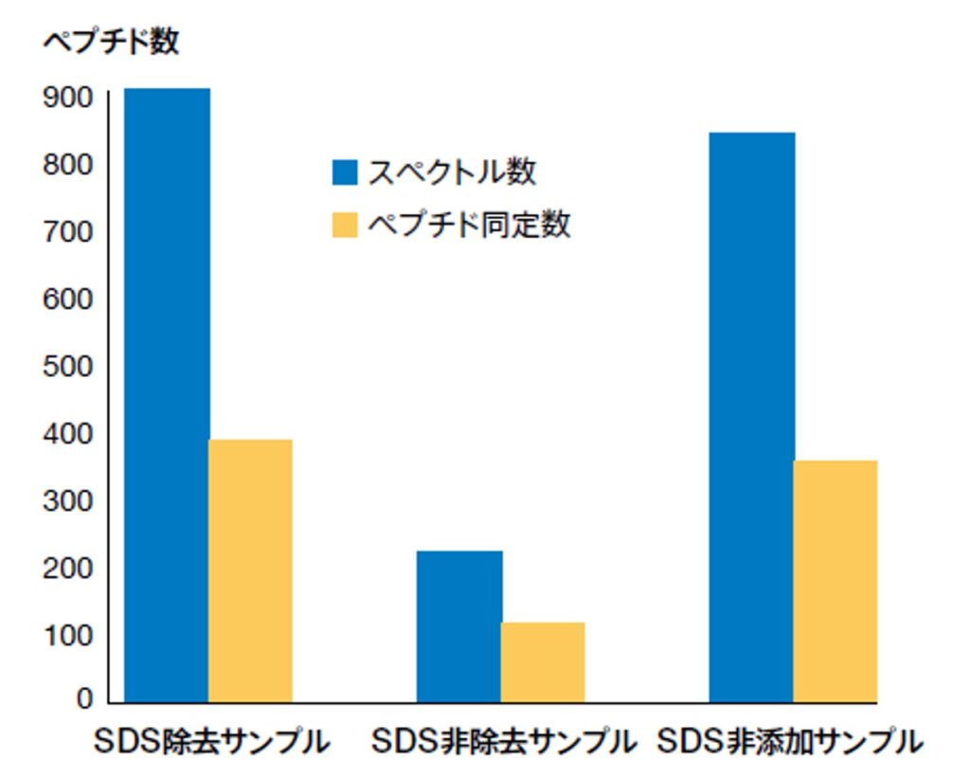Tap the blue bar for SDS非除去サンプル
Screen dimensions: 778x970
pyautogui.click(x=459, y=626)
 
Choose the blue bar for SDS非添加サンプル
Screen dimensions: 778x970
pyautogui.click(x=752, y=417)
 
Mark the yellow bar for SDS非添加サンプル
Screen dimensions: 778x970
pyautogui.click(x=835, y=581)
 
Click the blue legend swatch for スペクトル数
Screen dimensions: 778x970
pyautogui.click(x=345, y=172)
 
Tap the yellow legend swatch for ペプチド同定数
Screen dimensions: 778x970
pyautogui.click(x=345, y=225)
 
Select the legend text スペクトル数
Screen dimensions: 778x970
pyautogui.click(x=452, y=172)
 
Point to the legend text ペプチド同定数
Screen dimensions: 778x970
pyautogui.click(x=469, y=225)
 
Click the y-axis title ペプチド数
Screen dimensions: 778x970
pyautogui.click(x=111, y=41)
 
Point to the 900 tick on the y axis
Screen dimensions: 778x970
pyautogui.click(x=67, y=98)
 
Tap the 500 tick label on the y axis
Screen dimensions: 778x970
pyautogui.click(x=67, y=367)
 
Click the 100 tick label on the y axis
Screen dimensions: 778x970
pyautogui.click(x=67, y=635)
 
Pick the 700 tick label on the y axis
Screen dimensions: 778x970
pyautogui.click(x=67, y=232)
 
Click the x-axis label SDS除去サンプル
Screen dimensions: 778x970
pyautogui.click(x=211, y=742)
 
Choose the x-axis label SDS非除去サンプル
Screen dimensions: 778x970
pyautogui.click(x=502, y=742)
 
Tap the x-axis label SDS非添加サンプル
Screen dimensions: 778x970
pyautogui.click(x=789, y=742)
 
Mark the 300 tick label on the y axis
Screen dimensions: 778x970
pyautogui.click(x=67, y=500)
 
